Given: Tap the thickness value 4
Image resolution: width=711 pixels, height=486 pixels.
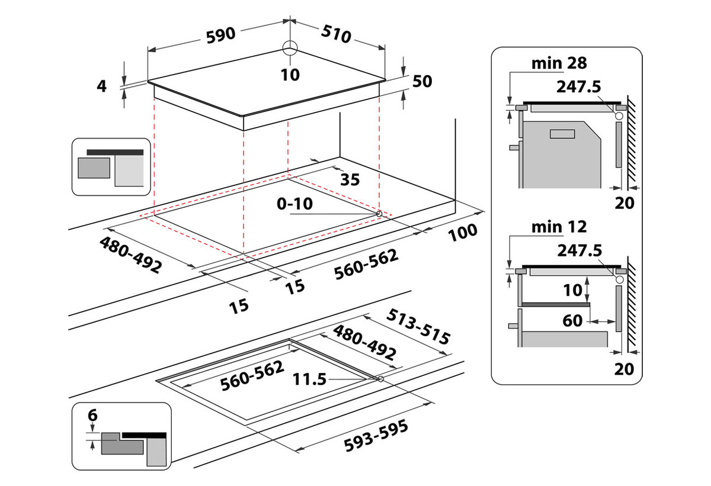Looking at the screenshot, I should pos(102,86).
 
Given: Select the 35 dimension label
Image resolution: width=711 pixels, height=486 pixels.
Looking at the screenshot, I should pos(350,180).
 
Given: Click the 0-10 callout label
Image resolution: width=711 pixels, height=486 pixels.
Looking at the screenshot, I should pos(294,204).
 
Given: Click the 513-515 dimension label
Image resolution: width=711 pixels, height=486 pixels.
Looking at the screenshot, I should pos(419,327).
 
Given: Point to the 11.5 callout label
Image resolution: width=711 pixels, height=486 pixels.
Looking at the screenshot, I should pos(310,379).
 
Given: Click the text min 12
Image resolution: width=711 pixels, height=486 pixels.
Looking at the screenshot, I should pos(559,226).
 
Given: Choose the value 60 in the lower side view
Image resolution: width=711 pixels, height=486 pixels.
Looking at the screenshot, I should pos(572,321).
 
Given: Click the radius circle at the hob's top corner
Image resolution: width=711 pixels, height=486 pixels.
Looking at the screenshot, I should pos(290,48).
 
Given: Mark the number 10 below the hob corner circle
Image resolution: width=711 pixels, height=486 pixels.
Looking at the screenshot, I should pos(290,75).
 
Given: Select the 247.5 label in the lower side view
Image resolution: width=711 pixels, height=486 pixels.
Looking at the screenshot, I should pos(579,250).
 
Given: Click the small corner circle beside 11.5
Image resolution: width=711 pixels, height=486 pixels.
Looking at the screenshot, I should pos(380,379).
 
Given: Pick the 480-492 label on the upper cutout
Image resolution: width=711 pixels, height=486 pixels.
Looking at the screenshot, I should pos(130,255).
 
